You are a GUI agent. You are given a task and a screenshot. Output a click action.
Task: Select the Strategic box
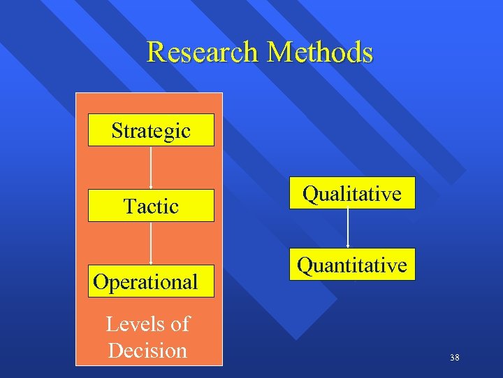(x=151, y=130)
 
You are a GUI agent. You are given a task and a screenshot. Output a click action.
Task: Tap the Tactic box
(x=151, y=206)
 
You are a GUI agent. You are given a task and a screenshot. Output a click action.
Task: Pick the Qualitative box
(x=351, y=193)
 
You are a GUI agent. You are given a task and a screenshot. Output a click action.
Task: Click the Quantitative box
(x=351, y=265)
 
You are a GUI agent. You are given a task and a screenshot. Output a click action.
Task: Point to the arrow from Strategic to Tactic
(x=152, y=167)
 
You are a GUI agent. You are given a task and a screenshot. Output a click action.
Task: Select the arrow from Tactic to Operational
(x=152, y=243)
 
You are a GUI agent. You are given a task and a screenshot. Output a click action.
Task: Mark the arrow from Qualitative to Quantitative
(x=348, y=228)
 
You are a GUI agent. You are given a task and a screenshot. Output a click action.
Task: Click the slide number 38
(x=455, y=358)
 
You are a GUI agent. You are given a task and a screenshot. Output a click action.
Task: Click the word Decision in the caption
(x=147, y=350)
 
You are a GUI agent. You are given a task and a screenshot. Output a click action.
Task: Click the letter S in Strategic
(x=117, y=131)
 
